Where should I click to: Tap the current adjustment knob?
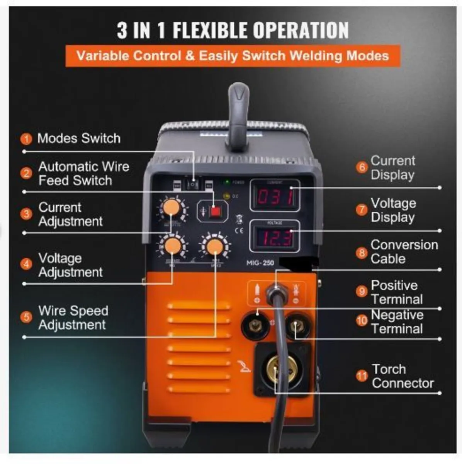tap(172, 208)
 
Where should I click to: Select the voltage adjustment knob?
tap(173, 246)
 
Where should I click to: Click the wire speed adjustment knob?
tap(214, 246)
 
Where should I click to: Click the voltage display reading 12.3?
tap(275, 237)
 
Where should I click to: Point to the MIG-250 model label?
tap(260, 263)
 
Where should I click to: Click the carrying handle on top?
tap(239, 116)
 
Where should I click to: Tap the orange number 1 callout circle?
tap(26, 139)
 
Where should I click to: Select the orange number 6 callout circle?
tap(362, 167)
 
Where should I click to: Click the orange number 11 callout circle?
tap(362, 376)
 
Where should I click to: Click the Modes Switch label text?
tap(79, 138)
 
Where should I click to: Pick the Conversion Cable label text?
tap(404, 252)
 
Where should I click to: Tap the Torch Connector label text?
tap(403, 376)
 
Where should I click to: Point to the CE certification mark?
tap(239, 231)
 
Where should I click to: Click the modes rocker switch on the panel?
tap(192, 184)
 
